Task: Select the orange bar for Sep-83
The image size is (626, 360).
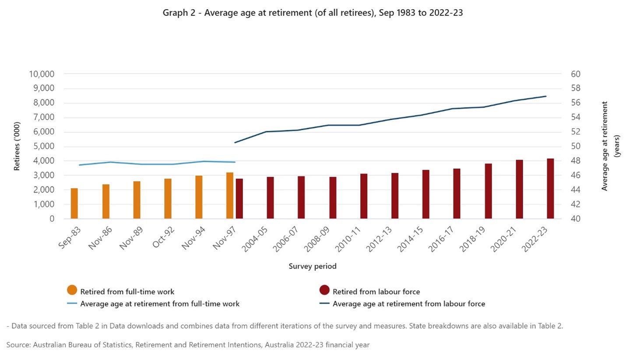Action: [74, 203]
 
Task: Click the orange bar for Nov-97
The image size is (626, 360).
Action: [230, 196]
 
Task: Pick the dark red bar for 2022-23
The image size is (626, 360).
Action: [550, 189]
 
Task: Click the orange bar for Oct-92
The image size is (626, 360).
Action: [168, 199]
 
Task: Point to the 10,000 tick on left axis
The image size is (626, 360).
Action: [42, 74]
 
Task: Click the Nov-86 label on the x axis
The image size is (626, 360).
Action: [99, 238]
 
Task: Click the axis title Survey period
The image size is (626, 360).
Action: [313, 266]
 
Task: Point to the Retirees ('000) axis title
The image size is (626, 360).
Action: [17, 146]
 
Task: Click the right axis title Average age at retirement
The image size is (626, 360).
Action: [605, 146]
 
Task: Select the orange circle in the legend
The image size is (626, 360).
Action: [72, 290]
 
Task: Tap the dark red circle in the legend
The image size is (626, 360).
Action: [324, 290]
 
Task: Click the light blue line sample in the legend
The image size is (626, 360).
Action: [72, 303]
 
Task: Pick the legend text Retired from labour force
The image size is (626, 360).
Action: [376, 292]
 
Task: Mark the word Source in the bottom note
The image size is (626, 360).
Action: [18, 345]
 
